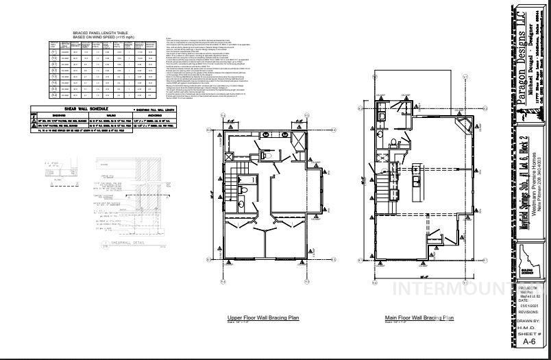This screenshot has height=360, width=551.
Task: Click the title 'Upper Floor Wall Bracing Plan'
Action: tap(263, 317)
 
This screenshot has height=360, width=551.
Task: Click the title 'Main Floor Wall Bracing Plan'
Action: tap(419, 317)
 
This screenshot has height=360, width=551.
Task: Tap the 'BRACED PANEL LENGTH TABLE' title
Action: tap(101, 33)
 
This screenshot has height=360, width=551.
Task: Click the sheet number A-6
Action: tap(529, 341)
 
